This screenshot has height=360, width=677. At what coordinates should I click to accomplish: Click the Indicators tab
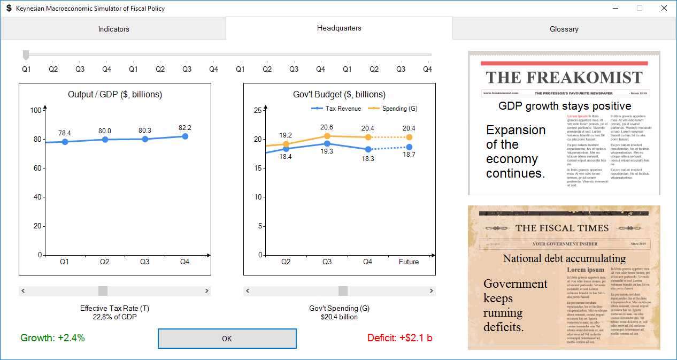click(x=113, y=29)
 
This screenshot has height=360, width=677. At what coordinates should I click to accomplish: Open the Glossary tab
click(x=564, y=29)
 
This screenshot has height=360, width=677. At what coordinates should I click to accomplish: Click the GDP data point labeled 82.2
click(x=185, y=136)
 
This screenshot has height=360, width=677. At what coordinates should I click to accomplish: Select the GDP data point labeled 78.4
click(x=65, y=142)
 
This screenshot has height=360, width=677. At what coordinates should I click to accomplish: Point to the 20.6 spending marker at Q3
click(x=327, y=136)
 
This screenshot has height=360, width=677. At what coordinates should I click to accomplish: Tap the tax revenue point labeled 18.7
click(x=409, y=147)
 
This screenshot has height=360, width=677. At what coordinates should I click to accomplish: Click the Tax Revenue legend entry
click(x=337, y=109)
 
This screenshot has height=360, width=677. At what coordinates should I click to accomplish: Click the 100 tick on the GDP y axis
click(x=36, y=110)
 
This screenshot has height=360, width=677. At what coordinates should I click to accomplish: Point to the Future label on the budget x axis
click(x=409, y=262)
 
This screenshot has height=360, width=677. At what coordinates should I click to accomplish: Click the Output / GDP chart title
click(x=115, y=95)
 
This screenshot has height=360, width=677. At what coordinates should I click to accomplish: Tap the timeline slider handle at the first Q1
click(x=26, y=55)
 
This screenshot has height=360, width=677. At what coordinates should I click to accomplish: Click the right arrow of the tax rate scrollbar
click(x=207, y=291)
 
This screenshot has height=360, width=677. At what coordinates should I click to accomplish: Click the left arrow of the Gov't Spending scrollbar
click(x=248, y=291)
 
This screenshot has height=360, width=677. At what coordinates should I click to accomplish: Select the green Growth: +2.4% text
click(x=52, y=338)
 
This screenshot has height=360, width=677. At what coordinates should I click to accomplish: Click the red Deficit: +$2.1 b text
click(x=399, y=338)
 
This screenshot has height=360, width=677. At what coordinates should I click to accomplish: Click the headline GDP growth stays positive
click(x=565, y=106)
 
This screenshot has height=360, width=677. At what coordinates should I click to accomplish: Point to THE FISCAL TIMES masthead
click(x=562, y=228)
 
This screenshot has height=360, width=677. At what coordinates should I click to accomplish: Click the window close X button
click(x=664, y=8)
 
